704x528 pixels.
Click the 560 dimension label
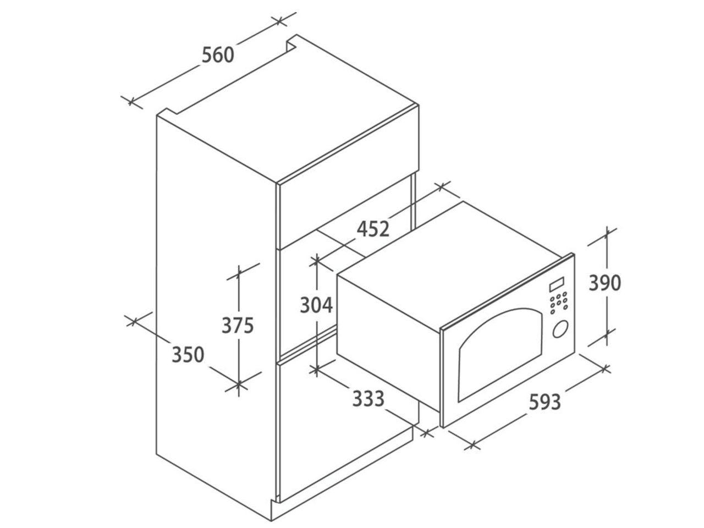click(218, 55)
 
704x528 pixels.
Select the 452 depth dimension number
click(373, 229)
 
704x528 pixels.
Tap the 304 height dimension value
click(316, 305)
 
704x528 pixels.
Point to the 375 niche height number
click(238, 325)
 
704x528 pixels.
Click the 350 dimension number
click(188, 354)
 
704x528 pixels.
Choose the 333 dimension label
click(368, 399)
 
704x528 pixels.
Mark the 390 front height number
click(605, 283)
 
